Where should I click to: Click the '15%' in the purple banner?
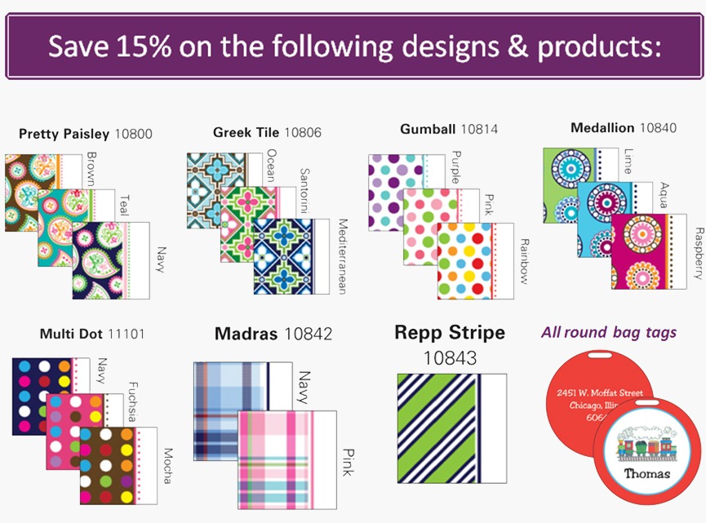coord(144,46)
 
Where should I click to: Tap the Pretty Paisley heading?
coord(64,134)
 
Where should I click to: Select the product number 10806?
coord(303,132)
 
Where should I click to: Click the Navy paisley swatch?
coord(111,260)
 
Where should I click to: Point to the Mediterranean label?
coord(343,256)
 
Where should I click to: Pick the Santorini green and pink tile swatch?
coord(258,224)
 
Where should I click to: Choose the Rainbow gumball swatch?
coord(476,260)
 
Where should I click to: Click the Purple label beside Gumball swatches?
coord(455,167)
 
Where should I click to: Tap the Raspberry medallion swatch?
coord(649,251)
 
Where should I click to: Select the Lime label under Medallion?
coord(628,161)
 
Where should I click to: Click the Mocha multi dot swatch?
coord(118,465)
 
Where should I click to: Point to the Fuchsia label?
coord(132,401)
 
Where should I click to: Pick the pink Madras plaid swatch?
coord(286,459)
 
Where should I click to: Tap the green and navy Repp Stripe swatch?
coord(451,428)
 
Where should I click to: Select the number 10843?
coord(450,358)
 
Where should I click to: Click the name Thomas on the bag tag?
coord(646,473)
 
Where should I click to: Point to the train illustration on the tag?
coord(644,443)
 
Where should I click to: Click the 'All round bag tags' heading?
coord(609,333)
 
